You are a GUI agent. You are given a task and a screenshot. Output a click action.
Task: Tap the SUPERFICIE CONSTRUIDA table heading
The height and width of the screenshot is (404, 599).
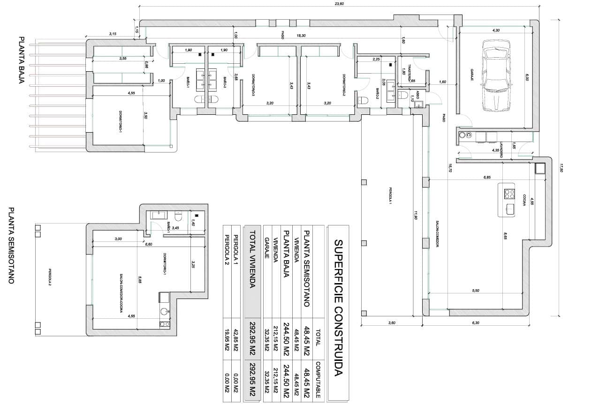tap(339, 308)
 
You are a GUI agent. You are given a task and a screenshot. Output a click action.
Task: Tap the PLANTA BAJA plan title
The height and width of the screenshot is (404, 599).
tap(21, 60)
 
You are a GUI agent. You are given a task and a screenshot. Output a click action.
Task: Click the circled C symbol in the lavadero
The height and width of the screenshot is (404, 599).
tap(468, 136)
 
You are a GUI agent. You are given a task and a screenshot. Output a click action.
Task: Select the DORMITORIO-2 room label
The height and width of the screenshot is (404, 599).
tap(344, 85)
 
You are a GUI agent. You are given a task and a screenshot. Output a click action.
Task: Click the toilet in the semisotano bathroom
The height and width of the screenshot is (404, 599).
tap(178, 217)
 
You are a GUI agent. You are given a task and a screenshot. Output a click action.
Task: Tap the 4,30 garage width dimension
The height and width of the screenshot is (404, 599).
tap(496, 30)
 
